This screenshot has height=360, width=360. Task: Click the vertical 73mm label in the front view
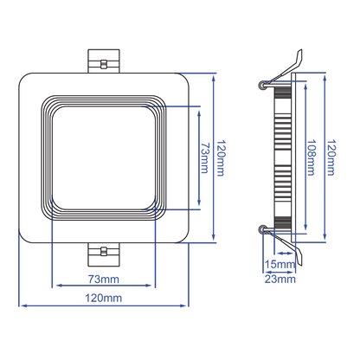click(x=205, y=157)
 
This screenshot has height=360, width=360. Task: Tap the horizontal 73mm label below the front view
click(x=104, y=279)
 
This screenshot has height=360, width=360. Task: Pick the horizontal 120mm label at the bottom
click(x=104, y=299)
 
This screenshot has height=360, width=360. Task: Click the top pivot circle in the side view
click(x=262, y=86)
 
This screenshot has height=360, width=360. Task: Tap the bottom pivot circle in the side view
click(x=262, y=229)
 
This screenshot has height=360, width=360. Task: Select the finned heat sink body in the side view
click(x=280, y=157)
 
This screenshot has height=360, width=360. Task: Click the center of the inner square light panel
click(x=104, y=157)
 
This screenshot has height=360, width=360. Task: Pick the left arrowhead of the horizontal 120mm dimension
click(x=21, y=305)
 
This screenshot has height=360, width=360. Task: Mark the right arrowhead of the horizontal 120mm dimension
click(x=188, y=305)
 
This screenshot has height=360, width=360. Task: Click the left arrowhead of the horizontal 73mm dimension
click(x=55, y=286)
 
